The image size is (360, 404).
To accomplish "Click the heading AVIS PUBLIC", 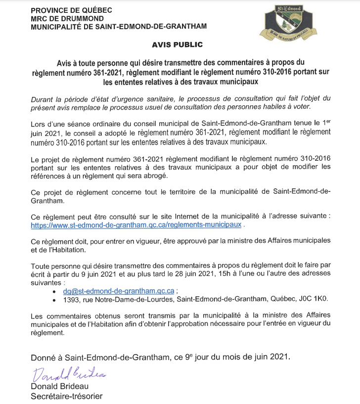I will pyautogui.click(x=177, y=45).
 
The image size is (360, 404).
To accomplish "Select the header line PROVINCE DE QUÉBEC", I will pyautogui.click(x=71, y=10).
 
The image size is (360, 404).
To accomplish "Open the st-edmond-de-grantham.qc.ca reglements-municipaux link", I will pyautogui.click(x=136, y=224).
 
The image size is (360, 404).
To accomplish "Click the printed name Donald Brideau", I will pyautogui.click(x=59, y=387).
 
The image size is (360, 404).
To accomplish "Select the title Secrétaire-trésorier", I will pyautogui.click(x=67, y=396).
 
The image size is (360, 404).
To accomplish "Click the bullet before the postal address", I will pyautogui.click(x=53, y=300).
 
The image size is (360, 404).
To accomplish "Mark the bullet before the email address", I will pyautogui.click(x=53, y=291).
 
